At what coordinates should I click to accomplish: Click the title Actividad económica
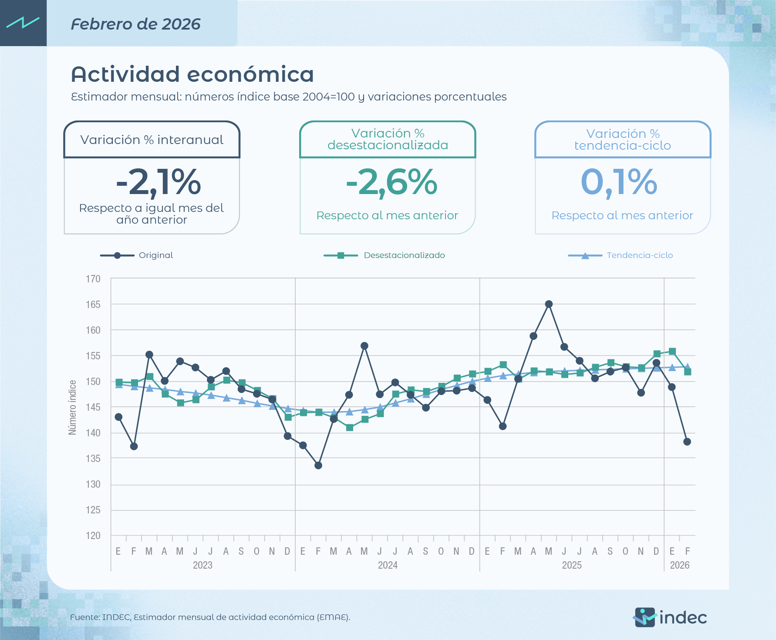[192, 74]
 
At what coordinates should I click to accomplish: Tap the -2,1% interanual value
[158, 182]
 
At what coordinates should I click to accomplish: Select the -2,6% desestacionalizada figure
[391, 182]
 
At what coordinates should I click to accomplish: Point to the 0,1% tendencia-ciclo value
[619, 182]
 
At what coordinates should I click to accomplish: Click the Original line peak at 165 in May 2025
[549, 304]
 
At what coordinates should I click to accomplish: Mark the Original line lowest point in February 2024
[318, 466]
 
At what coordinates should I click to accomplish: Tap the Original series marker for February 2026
[687, 442]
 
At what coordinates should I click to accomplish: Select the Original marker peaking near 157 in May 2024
[364, 346]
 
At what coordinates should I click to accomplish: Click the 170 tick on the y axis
[93, 279]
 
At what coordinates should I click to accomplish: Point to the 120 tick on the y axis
[93, 536]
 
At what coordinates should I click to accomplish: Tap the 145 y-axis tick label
[93, 407]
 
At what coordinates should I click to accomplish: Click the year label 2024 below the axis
[388, 565]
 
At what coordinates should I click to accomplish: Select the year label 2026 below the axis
[679, 565]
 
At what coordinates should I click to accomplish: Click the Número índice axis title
[72, 407]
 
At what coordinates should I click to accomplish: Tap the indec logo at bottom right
[670, 617]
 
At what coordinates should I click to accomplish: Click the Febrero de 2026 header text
[135, 24]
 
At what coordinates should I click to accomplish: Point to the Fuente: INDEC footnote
[210, 617]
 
